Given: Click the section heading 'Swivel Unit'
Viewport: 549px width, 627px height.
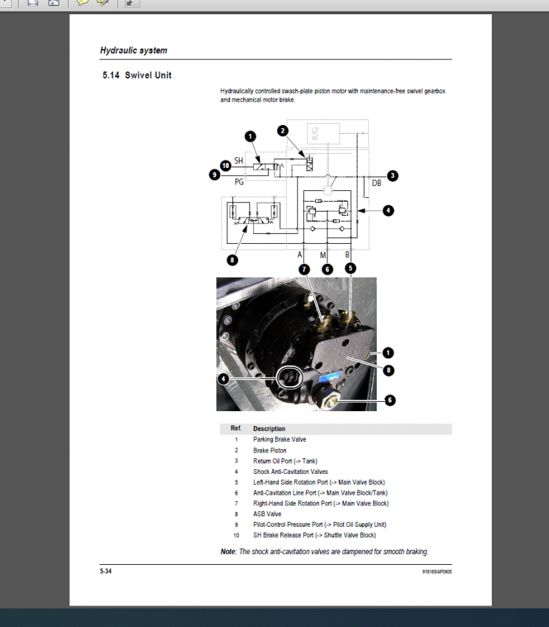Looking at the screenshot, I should coord(148,75).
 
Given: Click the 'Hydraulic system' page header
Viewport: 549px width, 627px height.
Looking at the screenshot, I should coord(134,51).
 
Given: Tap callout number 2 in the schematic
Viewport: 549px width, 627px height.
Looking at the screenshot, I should coord(283,131).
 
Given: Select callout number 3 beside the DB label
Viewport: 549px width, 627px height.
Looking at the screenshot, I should coord(392,175).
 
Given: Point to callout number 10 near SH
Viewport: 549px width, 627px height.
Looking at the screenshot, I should coord(226,165).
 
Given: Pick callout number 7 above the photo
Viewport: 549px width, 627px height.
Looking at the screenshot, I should coord(305,269).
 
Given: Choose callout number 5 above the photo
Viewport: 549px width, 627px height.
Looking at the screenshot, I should coord(350,269).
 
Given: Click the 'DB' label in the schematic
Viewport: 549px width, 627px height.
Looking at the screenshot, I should coord(377,183).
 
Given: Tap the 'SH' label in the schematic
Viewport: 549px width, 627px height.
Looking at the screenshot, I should coord(239,160).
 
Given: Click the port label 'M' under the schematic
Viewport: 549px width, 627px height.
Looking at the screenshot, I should coord(323,255).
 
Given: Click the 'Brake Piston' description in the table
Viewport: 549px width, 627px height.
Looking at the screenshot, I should coord(269,450).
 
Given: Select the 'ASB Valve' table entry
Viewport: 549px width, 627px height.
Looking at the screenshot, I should coord(267,514).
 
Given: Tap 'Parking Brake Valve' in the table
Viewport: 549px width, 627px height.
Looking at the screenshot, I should coord(280,440).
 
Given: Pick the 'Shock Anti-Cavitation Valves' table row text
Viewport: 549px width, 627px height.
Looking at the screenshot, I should coord(290,472).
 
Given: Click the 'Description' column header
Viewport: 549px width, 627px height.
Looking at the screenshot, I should coord(269,429).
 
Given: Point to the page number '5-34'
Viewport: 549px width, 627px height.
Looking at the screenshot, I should coord(106,571).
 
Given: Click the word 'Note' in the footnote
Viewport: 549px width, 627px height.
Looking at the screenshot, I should coord(228,552).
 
